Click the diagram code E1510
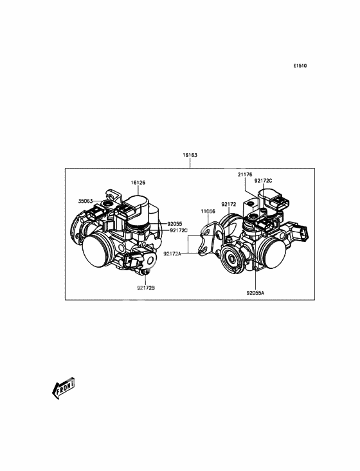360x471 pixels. click(x=300, y=66)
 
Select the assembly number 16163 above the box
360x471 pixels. click(x=190, y=155)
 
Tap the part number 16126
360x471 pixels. click(x=138, y=182)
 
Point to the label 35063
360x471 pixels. click(x=85, y=201)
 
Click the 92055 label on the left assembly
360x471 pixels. click(x=175, y=224)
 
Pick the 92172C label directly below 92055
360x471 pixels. click(x=179, y=230)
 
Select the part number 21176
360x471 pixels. click(x=245, y=174)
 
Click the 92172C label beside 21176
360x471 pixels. click(x=264, y=181)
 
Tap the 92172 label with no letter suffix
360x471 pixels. click(x=229, y=204)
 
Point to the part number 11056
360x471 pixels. click(x=208, y=212)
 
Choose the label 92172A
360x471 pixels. click(x=172, y=254)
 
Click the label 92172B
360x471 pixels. click(x=146, y=288)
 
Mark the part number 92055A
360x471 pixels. click(x=256, y=293)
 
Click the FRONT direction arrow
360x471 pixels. click(x=63, y=388)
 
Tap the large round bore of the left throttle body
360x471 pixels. click(x=95, y=251)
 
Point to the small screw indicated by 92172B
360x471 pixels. click(x=146, y=272)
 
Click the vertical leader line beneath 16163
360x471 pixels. click(x=190, y=163)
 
